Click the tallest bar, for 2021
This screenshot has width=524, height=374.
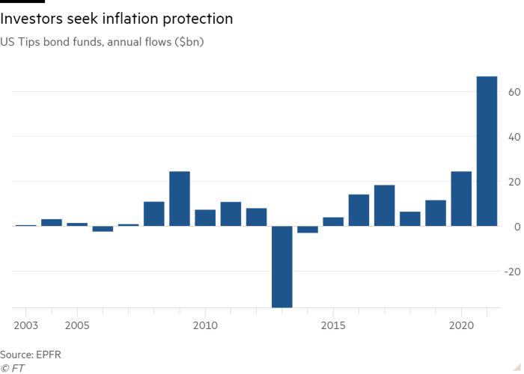(487, 150)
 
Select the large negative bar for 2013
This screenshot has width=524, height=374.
(281, 266)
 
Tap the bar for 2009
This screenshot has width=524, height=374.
(179, 198)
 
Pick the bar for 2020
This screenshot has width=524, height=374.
(461, 198)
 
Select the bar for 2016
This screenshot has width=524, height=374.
(359, 209)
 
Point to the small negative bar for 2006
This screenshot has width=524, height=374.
(103, 229)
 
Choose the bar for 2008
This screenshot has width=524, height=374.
(153, 213)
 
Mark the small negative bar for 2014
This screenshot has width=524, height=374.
(307, 230)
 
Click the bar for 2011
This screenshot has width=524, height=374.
(231, 213)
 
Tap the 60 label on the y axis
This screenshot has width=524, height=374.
(514, 92)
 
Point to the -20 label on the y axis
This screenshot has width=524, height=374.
(513, 272)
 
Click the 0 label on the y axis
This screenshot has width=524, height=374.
(517, 227)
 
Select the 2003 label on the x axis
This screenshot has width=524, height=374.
(26, 326)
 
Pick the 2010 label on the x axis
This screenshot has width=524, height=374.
(205, 326)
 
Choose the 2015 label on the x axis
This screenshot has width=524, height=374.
(333, 326)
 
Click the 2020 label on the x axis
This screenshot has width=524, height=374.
(461, 326)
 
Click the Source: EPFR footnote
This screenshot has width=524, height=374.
(31, 354)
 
